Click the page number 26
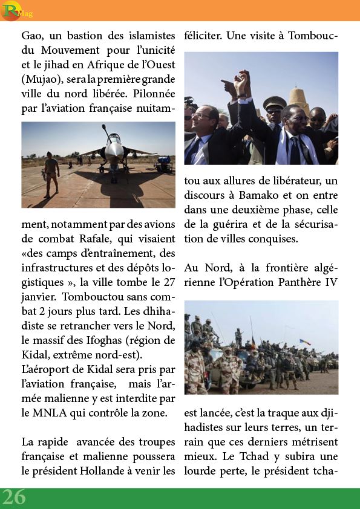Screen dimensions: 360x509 [x=13, y=497]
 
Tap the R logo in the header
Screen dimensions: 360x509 [x=10, y=10]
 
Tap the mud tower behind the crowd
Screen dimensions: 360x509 [x=299, y=100]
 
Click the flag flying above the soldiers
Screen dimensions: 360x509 [x=305, y=342]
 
